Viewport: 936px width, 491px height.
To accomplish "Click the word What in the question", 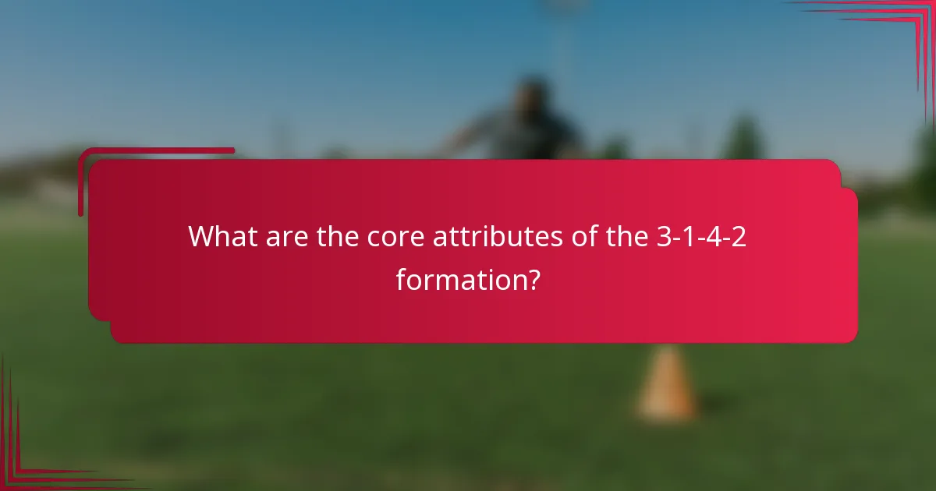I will coord(219,235).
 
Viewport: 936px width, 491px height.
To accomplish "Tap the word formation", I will coord(456,279).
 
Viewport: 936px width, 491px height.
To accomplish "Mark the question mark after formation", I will coord(532,279).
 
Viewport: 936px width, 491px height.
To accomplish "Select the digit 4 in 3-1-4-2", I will coord(713,235).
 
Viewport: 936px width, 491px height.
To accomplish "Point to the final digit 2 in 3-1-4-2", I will coord(739,235).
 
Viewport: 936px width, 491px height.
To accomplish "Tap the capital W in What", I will coord(203,235).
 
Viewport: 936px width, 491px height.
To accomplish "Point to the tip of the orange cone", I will coord(667,350).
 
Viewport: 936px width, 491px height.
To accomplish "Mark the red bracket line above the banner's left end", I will coord(156,150).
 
